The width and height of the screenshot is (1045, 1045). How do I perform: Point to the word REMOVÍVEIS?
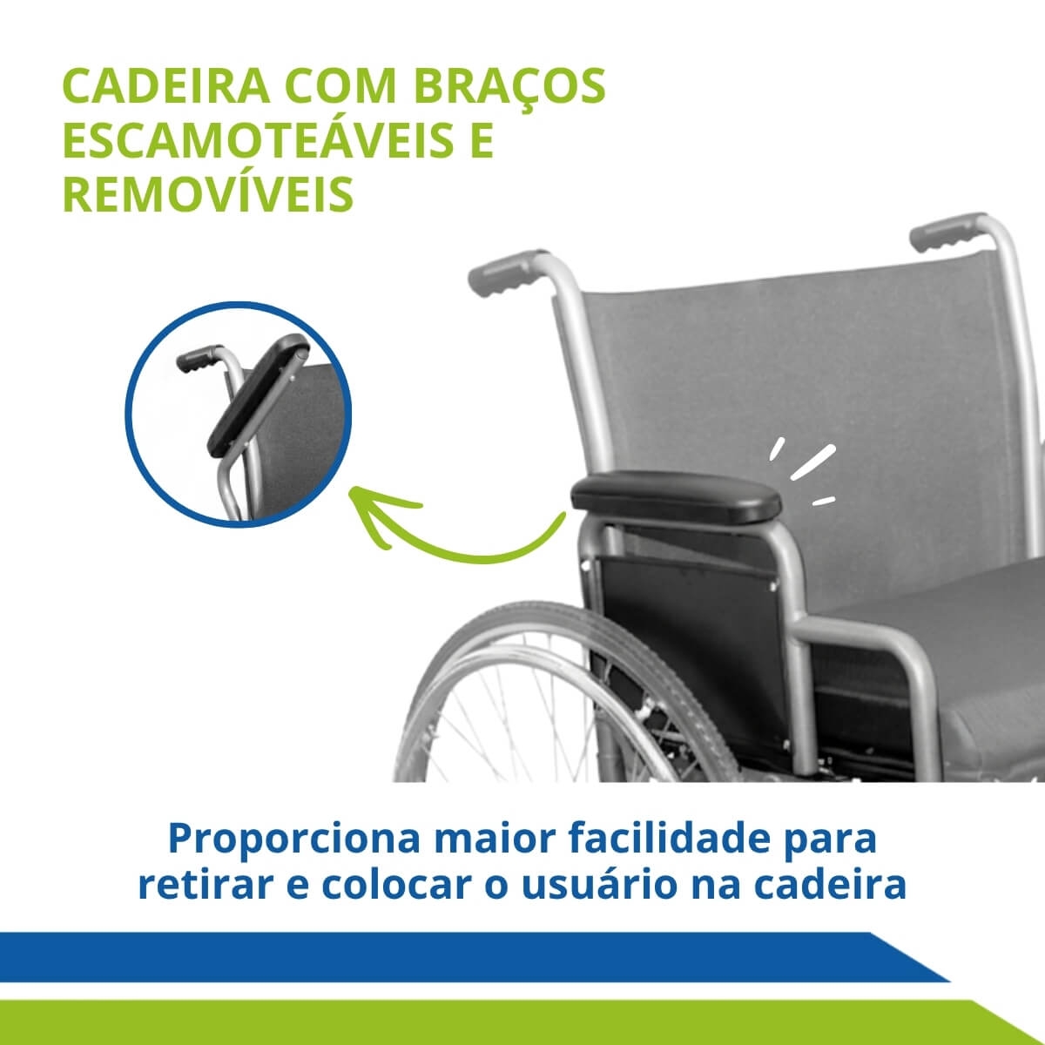[208, 193]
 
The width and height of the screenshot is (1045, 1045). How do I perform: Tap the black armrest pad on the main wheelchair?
[676, 496]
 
